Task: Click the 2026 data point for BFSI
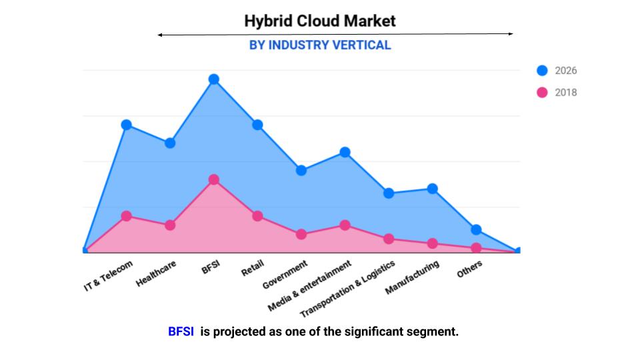(213, 79)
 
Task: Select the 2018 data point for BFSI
(213, 180)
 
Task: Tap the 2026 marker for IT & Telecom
(126, 125)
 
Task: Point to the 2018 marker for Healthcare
(170, 225)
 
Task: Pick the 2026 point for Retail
(257, 125)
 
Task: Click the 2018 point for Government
(301, 234)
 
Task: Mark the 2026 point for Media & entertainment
(345, 152)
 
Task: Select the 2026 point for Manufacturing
(432, 189)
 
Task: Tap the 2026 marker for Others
(476, 229)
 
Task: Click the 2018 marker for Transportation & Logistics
(389, 239)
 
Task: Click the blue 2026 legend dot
(542, 71)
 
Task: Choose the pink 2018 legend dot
(542, 93)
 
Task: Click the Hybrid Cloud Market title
(320, 21)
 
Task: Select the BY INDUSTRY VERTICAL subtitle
(320, 45)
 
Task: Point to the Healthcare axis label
(157, 274)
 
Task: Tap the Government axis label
(285, 275)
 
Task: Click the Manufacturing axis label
(413, 278)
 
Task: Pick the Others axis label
(469, 269)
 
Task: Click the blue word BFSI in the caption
(181, 331)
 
